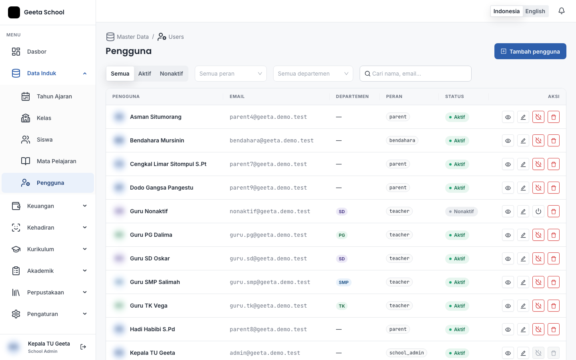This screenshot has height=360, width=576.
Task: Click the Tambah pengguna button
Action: (x=530, y=51)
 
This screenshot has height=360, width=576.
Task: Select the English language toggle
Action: (x=535, y=11)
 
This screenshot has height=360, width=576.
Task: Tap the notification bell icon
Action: (x=562, y=11)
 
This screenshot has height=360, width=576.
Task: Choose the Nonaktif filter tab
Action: (x=171, y=74)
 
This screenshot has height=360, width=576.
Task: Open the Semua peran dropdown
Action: (x=231, y=74)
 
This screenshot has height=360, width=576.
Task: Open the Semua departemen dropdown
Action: (x=313, y=74)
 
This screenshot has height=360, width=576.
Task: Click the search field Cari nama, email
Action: (x=415, y=74)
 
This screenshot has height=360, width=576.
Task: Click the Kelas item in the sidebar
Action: (x=44, y=118)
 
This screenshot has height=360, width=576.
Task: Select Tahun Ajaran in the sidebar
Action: (x=54, y=96)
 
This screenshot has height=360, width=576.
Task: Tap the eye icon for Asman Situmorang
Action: (x=508, y=117)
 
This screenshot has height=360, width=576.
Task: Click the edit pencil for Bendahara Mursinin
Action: (x=523, y=141)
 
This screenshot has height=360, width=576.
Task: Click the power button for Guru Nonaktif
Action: (x=538, y=211)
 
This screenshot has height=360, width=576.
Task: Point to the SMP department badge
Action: (x=344, y=282)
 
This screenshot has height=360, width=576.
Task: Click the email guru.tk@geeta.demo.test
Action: (x=268, y=306)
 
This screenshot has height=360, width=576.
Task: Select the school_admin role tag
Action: (x=406, y=353)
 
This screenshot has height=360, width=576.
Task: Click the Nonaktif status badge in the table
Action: (x=461, y=211)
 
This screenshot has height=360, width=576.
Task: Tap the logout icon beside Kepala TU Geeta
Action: (x=83, y=347)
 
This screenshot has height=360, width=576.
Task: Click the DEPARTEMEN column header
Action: (x=352, y=96)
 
